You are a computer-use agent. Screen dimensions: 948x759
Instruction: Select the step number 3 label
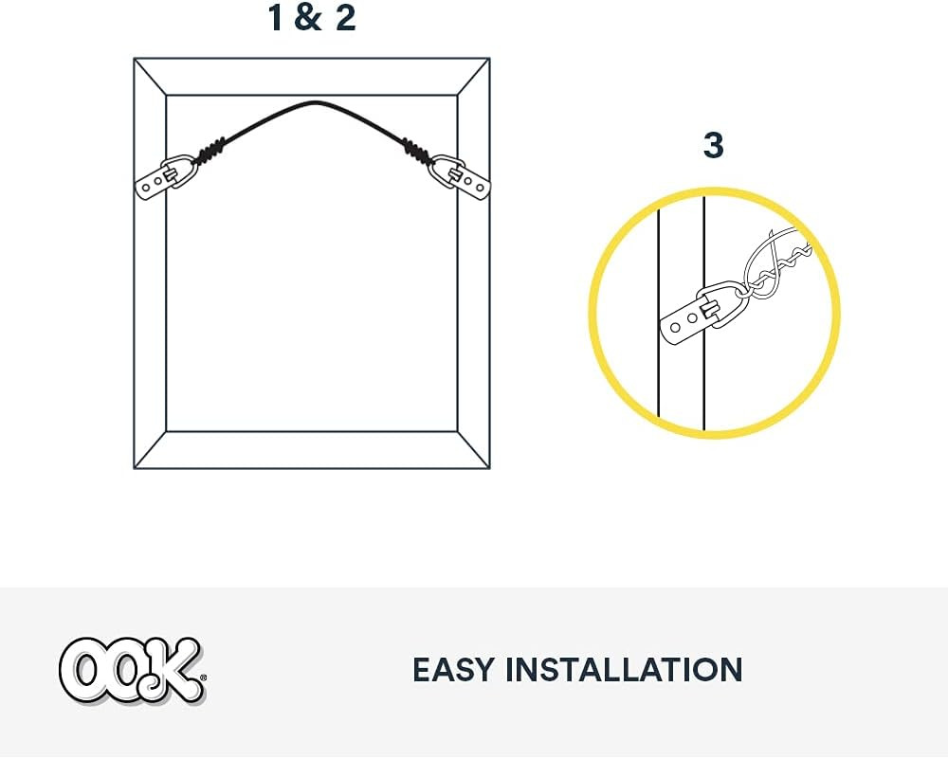[x=714, y=146]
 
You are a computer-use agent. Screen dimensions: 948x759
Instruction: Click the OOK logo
[x=133, y=671]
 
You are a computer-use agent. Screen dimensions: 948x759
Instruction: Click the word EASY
[x=453, y=670]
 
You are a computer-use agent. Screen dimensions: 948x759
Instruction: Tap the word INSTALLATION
[x=624, y=670]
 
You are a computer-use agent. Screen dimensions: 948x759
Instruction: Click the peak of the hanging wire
[x=315, y=102]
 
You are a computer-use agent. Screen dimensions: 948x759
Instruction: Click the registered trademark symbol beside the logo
[x=203, y=678]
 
